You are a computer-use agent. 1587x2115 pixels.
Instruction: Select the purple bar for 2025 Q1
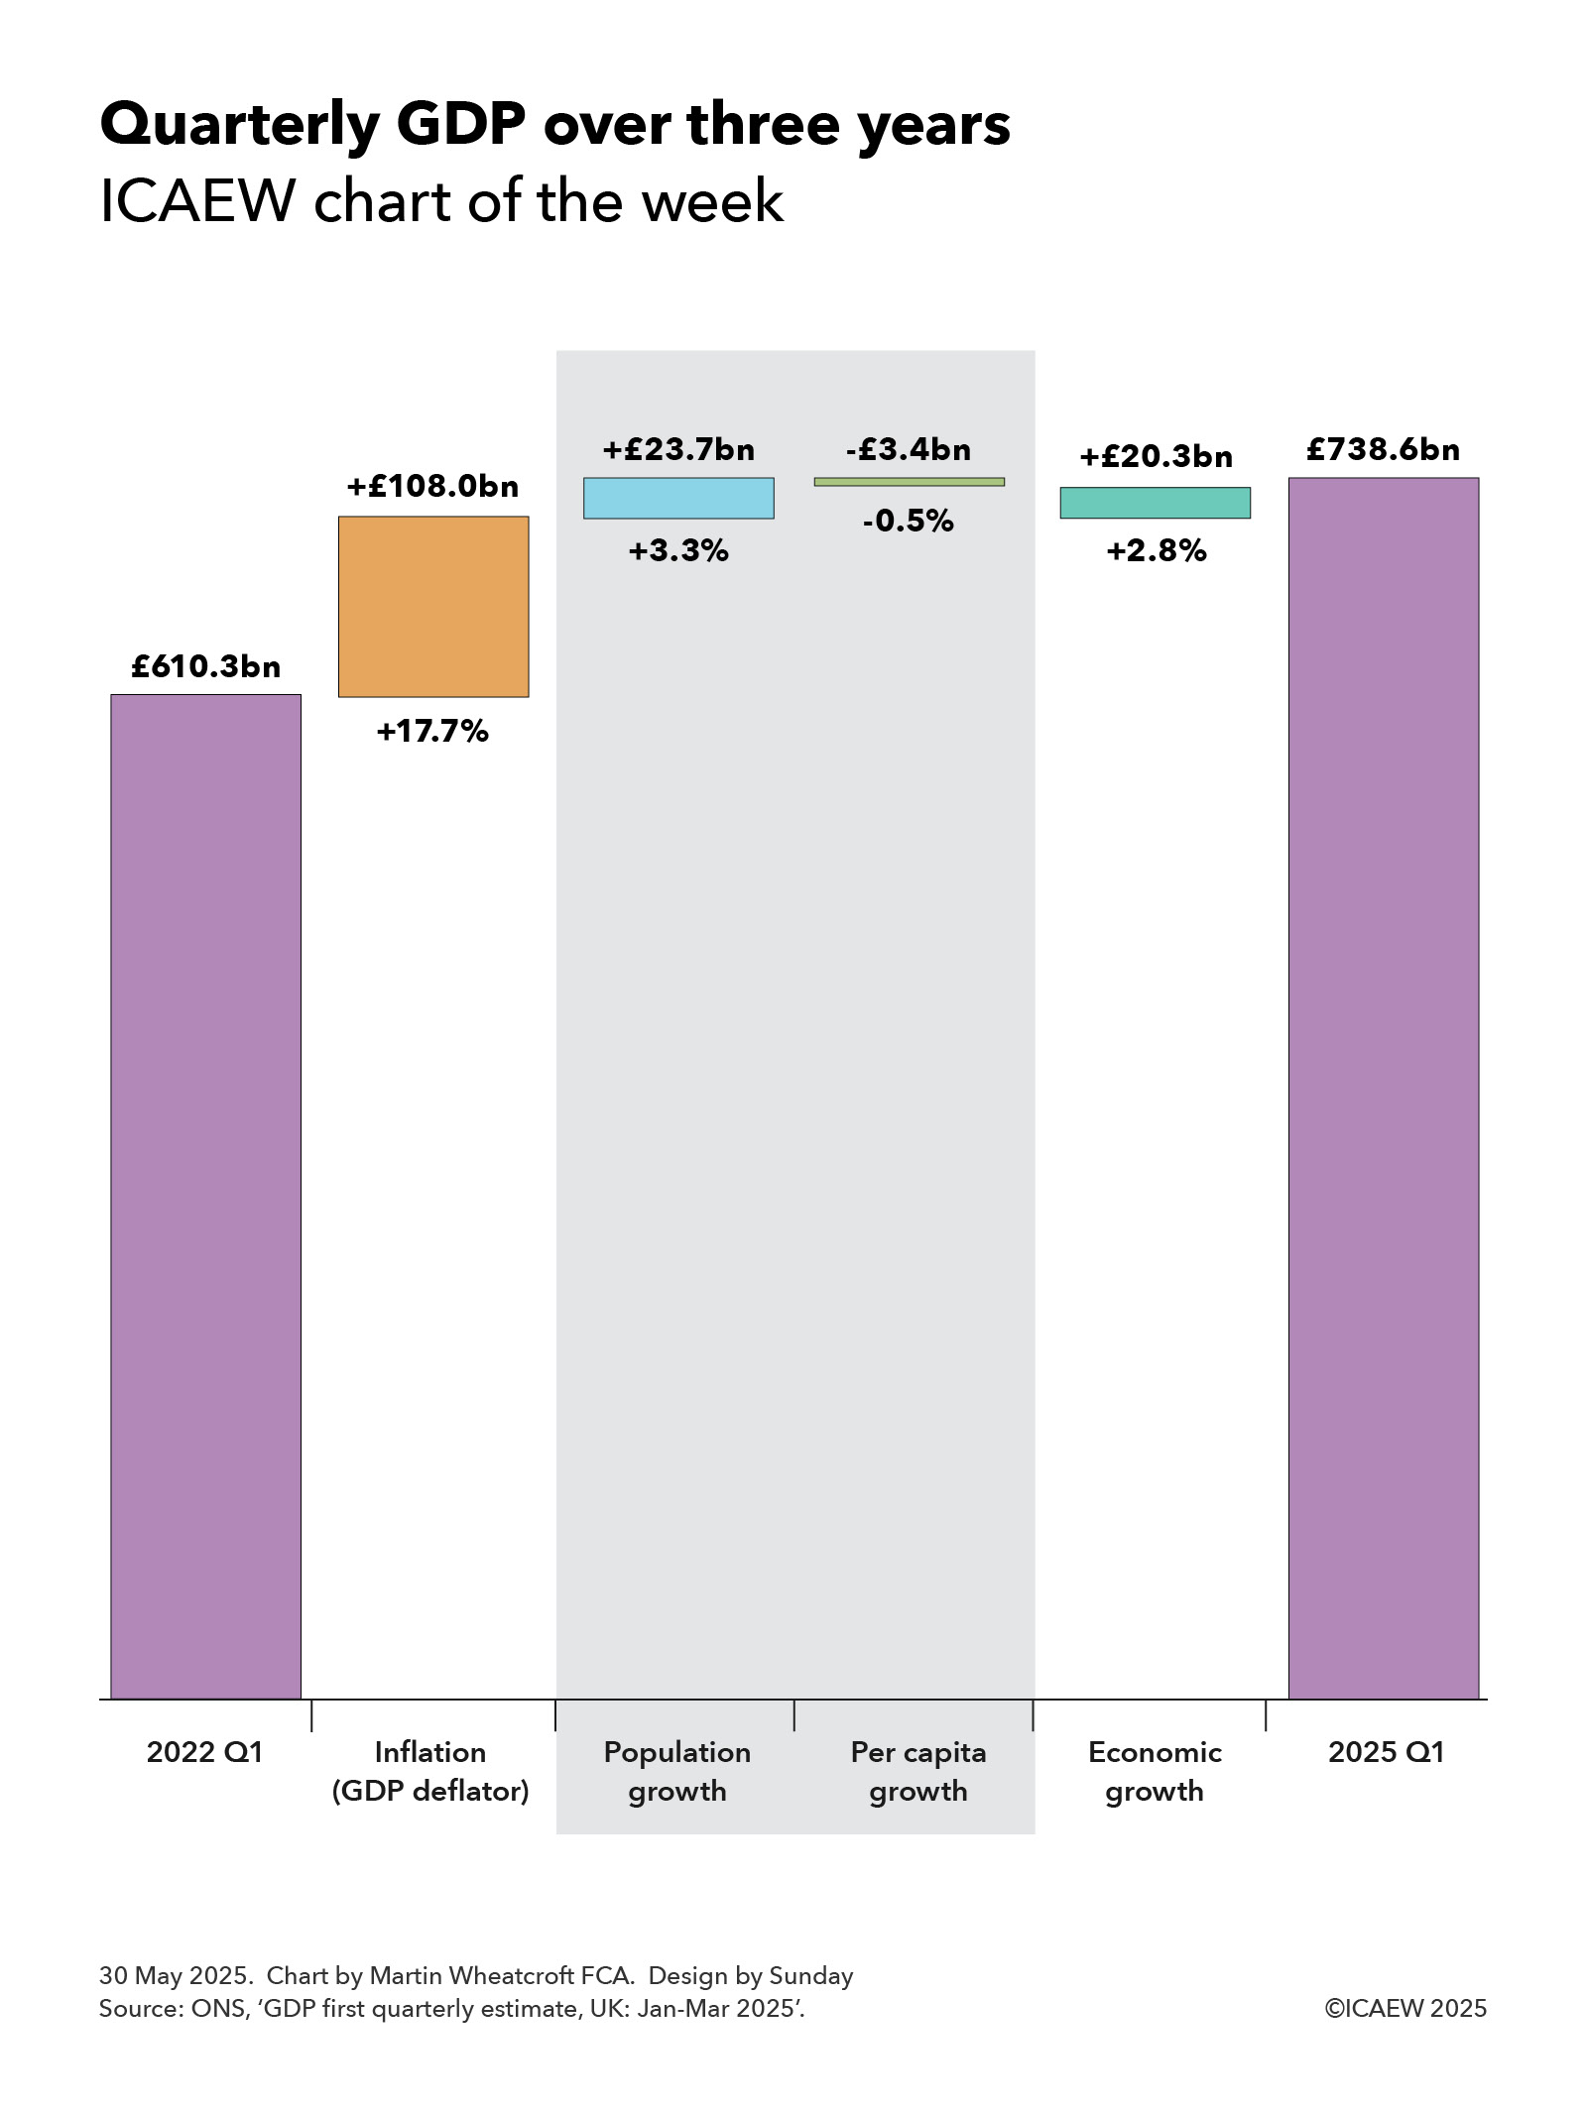(1383, 1088)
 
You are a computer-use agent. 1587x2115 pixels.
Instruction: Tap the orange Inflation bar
(433, 606)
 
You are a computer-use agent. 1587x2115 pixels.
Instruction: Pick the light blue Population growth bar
(678, 498)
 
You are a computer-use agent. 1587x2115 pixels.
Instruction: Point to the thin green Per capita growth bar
(909, 482)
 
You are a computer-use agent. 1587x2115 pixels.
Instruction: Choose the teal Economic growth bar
(1155, 503)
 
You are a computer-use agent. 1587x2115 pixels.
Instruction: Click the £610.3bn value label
(205, 666)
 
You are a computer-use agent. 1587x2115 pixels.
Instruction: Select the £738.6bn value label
(1383, 449)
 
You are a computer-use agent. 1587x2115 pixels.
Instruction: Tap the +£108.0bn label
(432, 486)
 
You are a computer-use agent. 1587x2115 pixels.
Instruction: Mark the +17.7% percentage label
(432, 732)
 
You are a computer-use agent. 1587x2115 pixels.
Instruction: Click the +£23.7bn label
(678, 449)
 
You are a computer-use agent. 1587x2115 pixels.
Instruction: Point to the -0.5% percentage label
(908, 521)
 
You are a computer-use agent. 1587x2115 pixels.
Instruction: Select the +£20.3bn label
(1156, 456)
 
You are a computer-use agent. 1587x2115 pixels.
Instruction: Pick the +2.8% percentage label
(1156, 550)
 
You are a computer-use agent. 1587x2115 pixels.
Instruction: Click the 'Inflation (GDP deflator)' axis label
(430, 1771)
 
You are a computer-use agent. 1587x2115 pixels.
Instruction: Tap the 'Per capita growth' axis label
(918, 1771)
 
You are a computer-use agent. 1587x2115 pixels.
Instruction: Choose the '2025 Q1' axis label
(1386, 1752)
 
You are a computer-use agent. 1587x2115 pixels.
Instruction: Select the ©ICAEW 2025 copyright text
(1405, 2008)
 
